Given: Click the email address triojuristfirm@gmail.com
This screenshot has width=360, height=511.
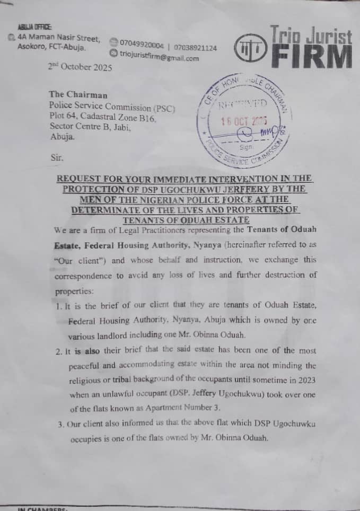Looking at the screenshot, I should [x=159, y=58].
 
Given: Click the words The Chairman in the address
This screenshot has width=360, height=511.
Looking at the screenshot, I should [x=78, y=95].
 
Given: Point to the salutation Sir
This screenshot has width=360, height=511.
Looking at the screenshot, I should [x=57, y=157].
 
